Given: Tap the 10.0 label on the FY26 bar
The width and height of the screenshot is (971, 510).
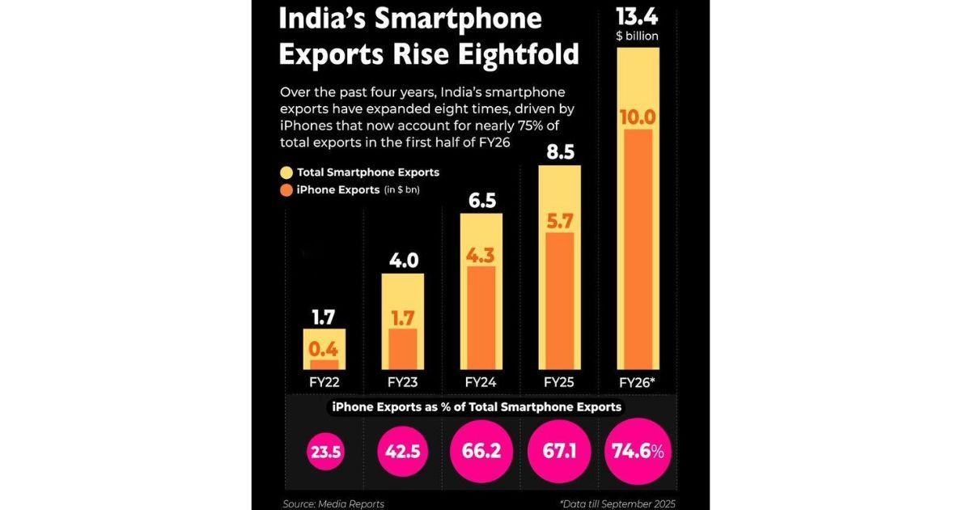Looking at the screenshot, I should point(638,116).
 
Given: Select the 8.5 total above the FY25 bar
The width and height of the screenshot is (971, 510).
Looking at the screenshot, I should point(559,151).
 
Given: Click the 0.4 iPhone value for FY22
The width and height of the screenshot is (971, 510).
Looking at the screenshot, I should point(324,350).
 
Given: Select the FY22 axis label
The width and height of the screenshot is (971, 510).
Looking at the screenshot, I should point(324,381).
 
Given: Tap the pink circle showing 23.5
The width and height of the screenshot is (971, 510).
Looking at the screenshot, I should point(324,452).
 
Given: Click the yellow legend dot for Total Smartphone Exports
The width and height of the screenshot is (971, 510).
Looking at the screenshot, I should point(286,172).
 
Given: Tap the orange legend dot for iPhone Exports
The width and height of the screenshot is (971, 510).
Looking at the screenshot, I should point(286,190).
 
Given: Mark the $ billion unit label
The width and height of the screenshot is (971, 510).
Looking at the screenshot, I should point(638,36).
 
